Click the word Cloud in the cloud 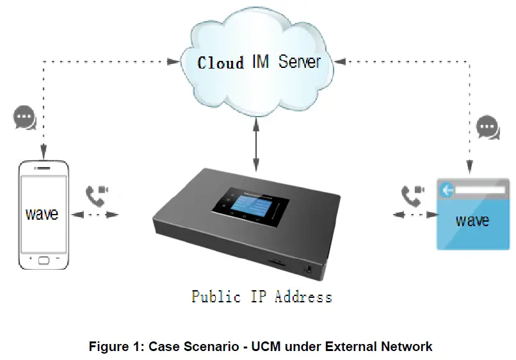tap(220, 63)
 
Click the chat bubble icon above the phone tap(24, 118)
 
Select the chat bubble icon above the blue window tap(488, 126)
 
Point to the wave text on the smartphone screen tap(42, 214)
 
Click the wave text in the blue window tap(472, 221)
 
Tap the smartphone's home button tap(43, 261)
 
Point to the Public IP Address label tap(262, 297)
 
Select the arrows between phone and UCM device tap(96, 215)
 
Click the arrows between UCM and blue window tap(409, 215)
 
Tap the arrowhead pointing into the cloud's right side tap(340, 61)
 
